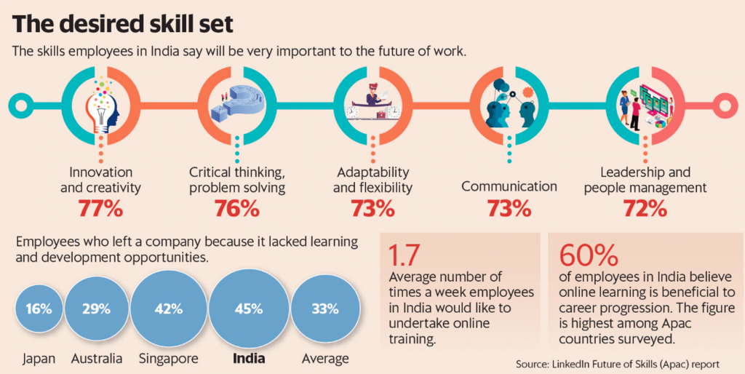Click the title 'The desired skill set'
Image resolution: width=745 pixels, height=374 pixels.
(x=124, y=24)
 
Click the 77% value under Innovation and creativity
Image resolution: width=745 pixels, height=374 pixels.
(x=100, y=209)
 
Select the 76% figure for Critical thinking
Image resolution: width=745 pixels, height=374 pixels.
(x=236, y=209)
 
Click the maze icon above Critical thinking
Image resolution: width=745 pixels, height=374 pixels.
(x=236, y=106)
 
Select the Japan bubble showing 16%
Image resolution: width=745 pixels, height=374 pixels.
(x=38, y=309)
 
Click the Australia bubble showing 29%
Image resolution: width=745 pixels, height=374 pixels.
(x=95, y=309)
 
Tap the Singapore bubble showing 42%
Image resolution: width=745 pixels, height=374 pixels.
(x=168, y=309)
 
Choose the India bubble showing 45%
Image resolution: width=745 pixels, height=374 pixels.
(x=249, y=309)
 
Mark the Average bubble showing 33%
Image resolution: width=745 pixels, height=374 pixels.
(x=324, y=309)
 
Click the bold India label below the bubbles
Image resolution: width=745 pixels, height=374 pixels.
(x=249, y=359)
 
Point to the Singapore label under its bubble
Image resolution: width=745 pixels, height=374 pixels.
(x=168, y=359)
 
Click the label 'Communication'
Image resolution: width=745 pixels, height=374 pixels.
(x=509, y=186)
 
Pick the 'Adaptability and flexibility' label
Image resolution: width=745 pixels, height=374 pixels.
(x=372, y=180)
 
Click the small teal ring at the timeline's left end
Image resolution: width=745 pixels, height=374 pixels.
(x=20, y=106)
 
